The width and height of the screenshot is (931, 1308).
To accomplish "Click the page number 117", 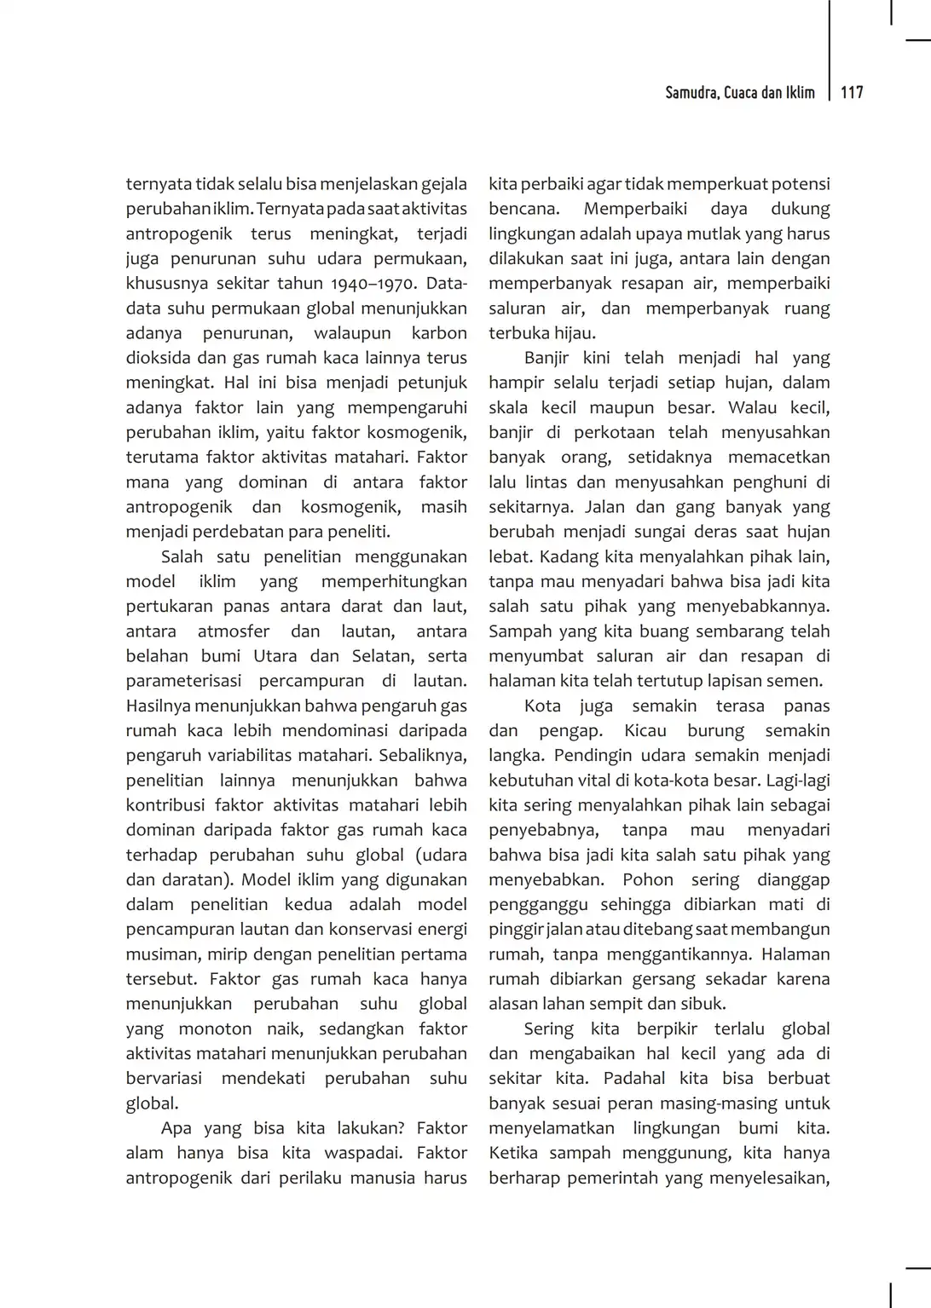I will click(x=852, y=93).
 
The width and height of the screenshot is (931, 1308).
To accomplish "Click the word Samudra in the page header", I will click(x=691, y=93).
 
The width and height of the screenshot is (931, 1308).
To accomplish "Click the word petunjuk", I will click(x=432, y=383).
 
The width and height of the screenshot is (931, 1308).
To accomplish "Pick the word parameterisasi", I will click(x=183, y=681).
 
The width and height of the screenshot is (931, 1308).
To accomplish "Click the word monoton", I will click(x=215, y=1029).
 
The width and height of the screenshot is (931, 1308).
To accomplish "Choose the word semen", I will click(x=797, y=681).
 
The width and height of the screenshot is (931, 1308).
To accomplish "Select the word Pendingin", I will click(x=589, y=755).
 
